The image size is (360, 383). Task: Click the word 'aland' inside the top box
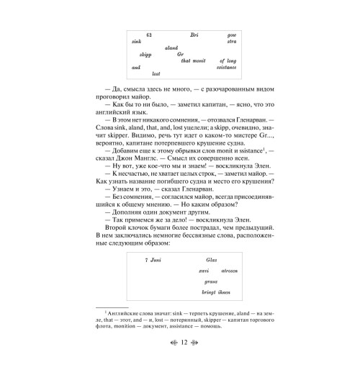(x=171, y=48)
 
